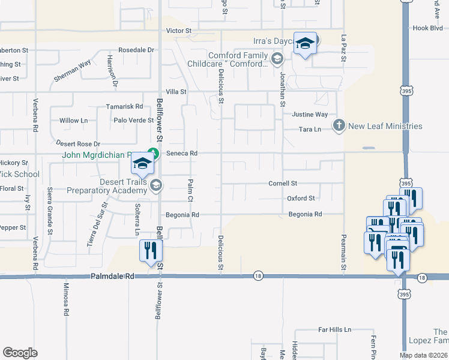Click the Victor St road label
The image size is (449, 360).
[179, 30]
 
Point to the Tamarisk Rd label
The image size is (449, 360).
[124, 106]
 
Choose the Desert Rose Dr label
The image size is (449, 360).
[78, 144]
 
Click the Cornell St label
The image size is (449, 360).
[283, 183]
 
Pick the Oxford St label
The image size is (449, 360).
[301, 198]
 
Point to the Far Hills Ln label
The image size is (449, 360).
[335, 330]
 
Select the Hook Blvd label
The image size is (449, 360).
[427, 28]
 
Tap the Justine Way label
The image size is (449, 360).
[310, 114]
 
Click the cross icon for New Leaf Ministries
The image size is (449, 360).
[339, 126]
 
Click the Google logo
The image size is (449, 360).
[20, 352]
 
